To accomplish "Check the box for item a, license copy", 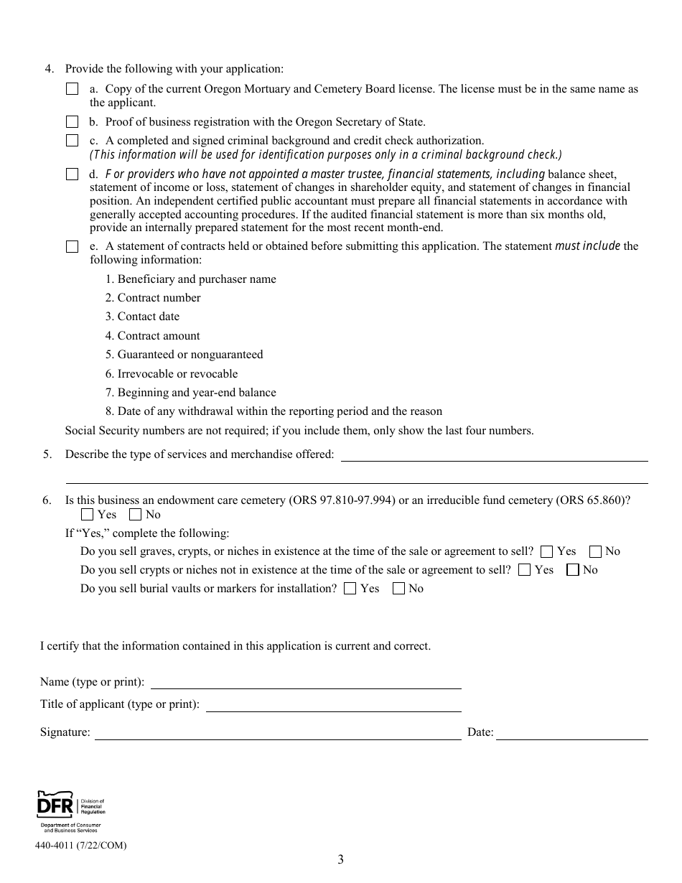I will click(x=72, y=90).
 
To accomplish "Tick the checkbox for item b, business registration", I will click(x=72, y=122).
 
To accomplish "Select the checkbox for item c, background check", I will click(x=72, y=141).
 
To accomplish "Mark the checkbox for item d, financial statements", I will click(x=72, y=174).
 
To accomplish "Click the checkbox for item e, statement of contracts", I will click(x=72, y=247).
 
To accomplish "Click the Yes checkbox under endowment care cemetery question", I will click(x=87, y=515).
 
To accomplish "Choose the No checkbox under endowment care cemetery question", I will click(x=135, y=515).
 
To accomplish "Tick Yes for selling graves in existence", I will click(x=546, y=552).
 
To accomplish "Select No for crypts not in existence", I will click(x=572, y=571).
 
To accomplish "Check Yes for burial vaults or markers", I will click(x=350, y=589).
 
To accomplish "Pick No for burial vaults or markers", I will click(x=398, y=589).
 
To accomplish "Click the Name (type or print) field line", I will click(x=306, y=683).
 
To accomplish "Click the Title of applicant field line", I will click(x=333, y=706).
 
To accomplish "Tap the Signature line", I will click(x=278, y=734).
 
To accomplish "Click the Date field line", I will click(x=572, y=734).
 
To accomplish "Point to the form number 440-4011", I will click(x=80, y=846).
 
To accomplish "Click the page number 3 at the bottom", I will click(x=340, y=860).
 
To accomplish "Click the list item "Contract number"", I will click(x=153, y=298).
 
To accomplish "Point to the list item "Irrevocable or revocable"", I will click(x=171, y=374).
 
